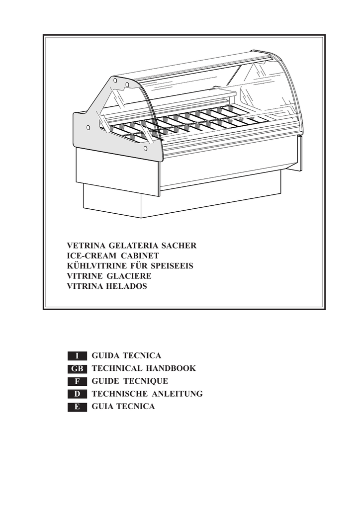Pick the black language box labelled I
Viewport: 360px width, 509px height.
(77, 356)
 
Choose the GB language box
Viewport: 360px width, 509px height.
(77, 369)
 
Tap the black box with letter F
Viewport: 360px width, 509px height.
(77, 382)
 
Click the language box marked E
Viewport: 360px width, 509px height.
(77, 407)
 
